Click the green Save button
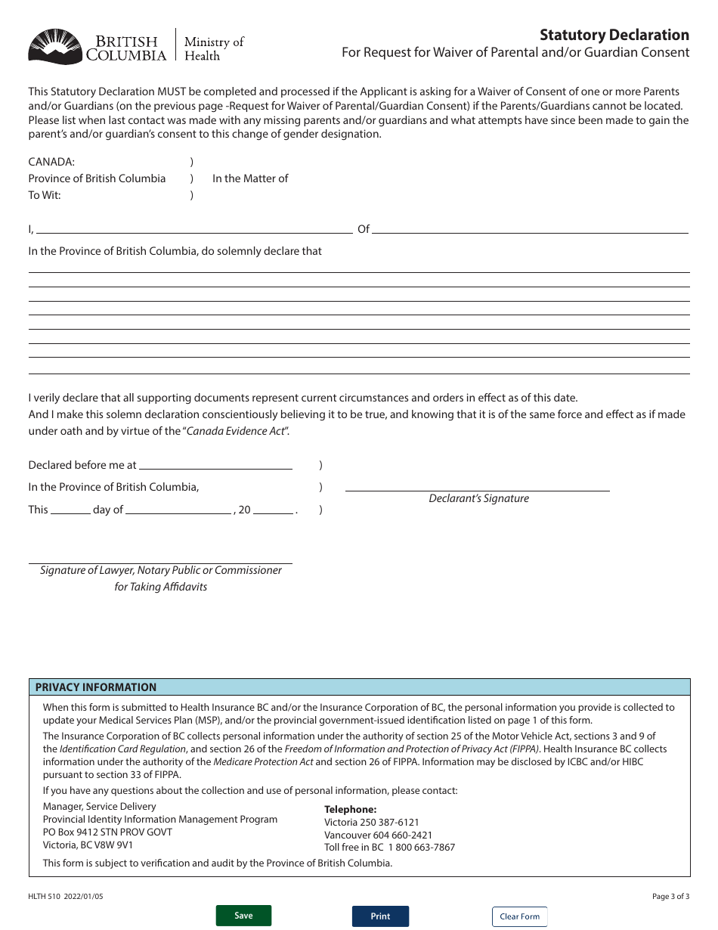point(243,916)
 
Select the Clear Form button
point(519,916)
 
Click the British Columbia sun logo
point(54,46)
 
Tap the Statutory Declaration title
point(614,35)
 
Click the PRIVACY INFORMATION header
point(96,687)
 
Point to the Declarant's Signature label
point(478,498)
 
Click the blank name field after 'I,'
point(194,228)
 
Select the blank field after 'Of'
point(531,228)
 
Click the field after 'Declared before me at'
point(215,464)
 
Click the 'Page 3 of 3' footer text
point(670,896)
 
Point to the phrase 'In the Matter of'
point(250,178)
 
